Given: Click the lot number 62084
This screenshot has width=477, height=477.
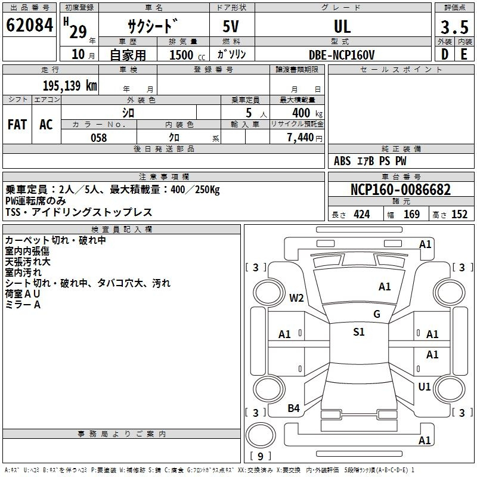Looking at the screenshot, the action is [x=29, y=25].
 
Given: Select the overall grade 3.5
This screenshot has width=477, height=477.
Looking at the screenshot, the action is [x=454, y=27].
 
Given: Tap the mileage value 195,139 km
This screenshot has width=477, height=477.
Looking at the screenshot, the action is [x=70, y=85].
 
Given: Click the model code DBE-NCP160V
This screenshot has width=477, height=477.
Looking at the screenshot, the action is [x=342, y=55].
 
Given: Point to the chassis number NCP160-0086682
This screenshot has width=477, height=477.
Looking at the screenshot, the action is [x=401, y=189].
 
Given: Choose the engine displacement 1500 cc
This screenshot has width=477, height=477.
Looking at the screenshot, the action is [x=187, y=55].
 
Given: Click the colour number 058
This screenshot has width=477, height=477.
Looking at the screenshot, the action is [x=99, y=138].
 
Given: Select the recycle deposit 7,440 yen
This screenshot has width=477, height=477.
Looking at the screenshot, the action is [x=305, y=138].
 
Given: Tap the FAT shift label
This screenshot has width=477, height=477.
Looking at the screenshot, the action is [x=17, y=125].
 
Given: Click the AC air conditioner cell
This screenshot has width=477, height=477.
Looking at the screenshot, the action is [x=47, y=125].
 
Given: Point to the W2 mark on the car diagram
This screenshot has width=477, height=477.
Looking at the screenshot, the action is [x=296, y=298].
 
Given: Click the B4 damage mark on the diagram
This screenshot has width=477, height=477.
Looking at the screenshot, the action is [x=293, y=408].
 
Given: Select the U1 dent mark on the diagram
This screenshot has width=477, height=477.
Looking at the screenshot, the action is [x=425, y=386].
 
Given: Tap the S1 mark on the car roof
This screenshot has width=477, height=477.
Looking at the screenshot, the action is [x=359, y=332].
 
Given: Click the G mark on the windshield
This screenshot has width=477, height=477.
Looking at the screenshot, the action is [x=377, y=314].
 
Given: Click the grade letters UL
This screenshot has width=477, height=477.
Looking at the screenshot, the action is [x=342, y=26].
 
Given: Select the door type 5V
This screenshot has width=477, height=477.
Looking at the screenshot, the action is [x=231, y=26].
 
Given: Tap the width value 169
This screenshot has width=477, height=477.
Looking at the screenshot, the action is [x=411, y=214].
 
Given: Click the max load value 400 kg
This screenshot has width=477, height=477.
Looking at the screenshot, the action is [x=307, y=113].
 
